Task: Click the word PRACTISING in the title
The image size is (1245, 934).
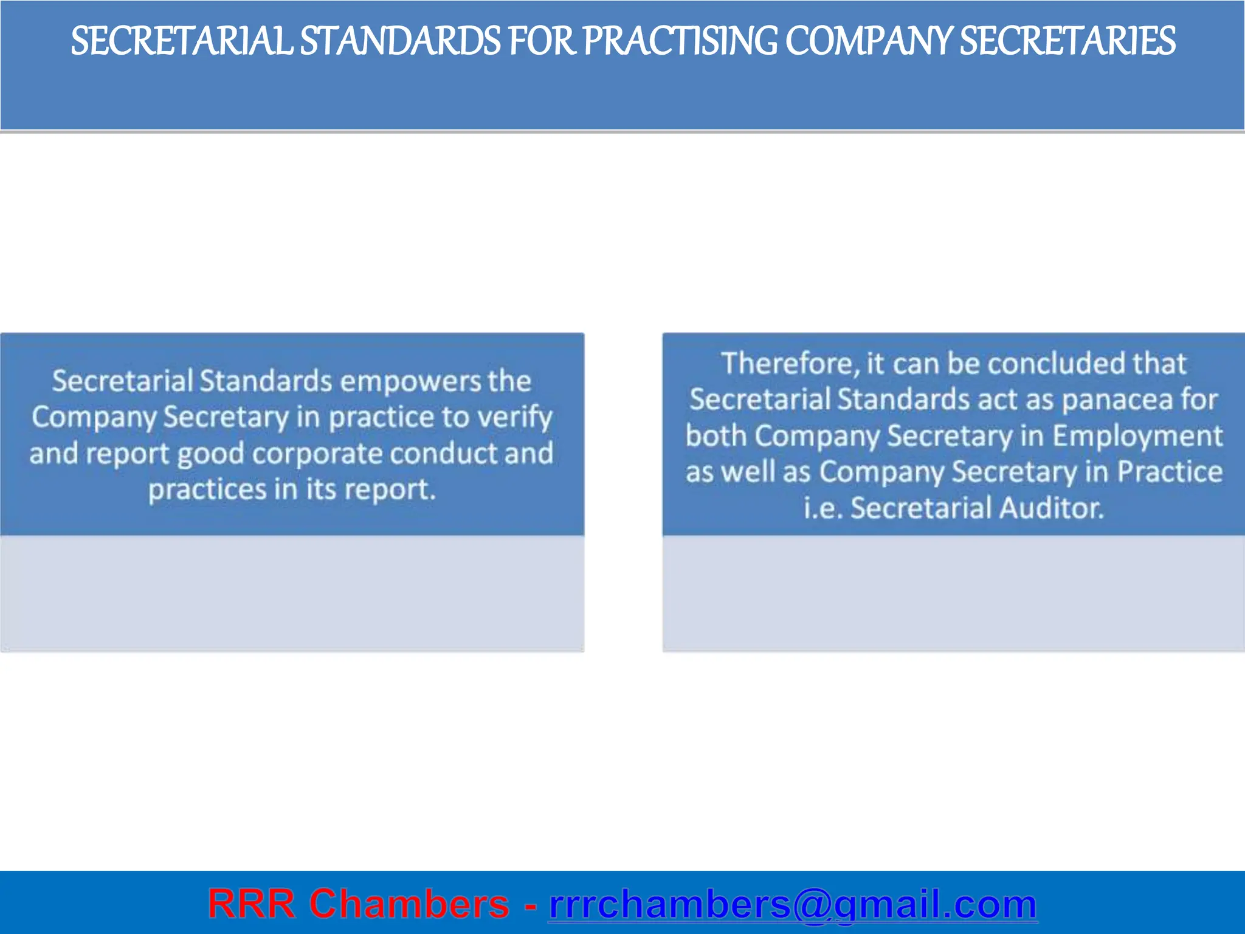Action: point(680,41)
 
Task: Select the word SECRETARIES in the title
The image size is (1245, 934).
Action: point(1067,41)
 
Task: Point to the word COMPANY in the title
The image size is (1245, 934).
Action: point(869,41)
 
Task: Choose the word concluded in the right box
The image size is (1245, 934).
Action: point(1057,364)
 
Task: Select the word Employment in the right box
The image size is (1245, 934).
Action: point(1137,436)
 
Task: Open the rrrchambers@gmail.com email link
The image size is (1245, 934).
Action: point(793,904)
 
